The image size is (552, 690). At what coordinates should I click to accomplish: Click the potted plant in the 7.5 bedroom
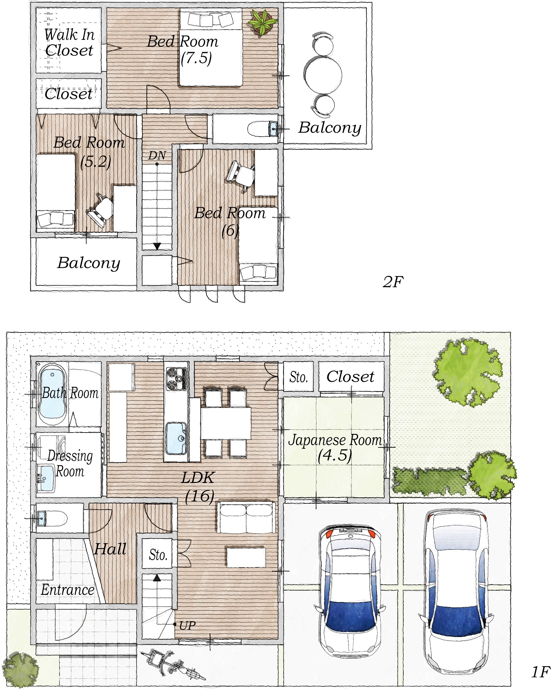coord(262,22)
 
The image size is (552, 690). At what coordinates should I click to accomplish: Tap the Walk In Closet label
coord(69,42)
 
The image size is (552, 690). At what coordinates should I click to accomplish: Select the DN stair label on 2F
coord(157,155)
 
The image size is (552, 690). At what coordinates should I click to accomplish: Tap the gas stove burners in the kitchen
coord(177,379)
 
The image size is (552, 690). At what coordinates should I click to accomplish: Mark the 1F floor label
coord(540,672)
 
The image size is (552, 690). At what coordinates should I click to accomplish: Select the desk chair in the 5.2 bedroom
coord(101,210)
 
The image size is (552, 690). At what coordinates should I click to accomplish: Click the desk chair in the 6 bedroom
coord(240,174)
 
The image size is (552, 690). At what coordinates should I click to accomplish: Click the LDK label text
coord(198,477)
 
